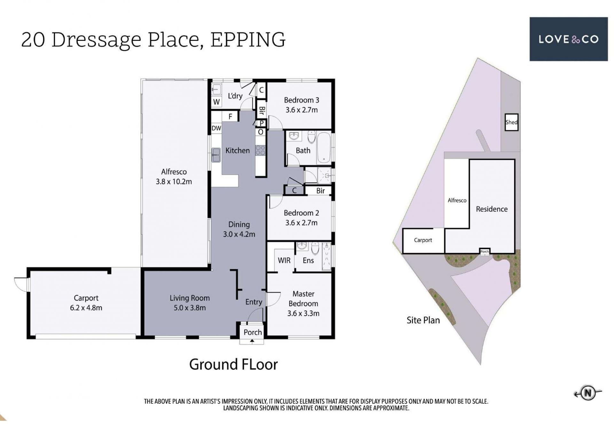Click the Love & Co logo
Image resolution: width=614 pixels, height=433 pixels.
pyautogui.click(x=568, y=39)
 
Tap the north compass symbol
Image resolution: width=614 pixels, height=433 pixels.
pyautogui.click(x=587, y=393)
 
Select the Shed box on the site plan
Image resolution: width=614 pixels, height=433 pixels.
pyautogui.click(x=511, y=122)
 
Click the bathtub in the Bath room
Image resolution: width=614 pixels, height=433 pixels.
pyautogui.click(x=324, y=148)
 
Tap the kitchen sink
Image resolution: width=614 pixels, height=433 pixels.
pyautogui.click(x=216, y=155)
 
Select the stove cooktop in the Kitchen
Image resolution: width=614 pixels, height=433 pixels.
pyautogui.click(x=260, y=150)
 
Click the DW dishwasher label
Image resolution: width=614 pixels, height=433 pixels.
pyautogui.click(x=216, y=128)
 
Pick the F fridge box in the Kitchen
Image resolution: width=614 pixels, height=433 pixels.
pyautogui.click(x=230, y=117)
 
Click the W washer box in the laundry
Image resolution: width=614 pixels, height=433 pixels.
pyautogui.click(x=216, y=102)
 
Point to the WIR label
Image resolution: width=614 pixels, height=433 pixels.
pyautogui.click(x=284, y=261)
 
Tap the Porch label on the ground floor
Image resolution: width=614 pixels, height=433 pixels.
pyautogui.click(x=253, y=332)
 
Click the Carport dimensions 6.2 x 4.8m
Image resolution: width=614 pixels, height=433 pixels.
pyautogui.click(x=86, y=308)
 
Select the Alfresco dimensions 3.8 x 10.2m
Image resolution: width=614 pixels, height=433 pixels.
pyautogui.click(x=174, y=182)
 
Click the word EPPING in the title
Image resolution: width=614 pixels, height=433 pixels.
pyautogui.click(x=248, y=40)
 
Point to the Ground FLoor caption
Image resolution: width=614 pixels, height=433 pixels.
pyautogui.click(x=233, y=364)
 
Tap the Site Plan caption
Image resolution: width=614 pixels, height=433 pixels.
pyautogui.click(x=423, y=320)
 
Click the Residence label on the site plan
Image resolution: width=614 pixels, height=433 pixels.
pyautogui.click(x=492, y=209)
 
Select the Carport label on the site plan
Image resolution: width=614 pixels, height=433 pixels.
pyautogui.click(x=423, y=240)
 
